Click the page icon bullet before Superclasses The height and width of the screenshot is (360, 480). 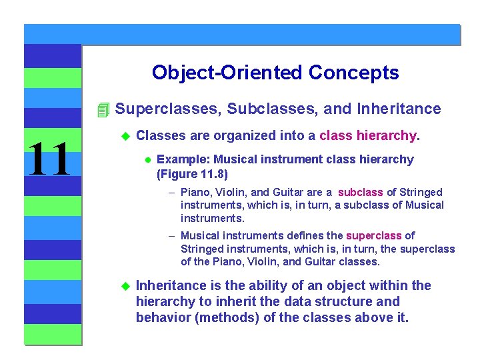tap(102, 109)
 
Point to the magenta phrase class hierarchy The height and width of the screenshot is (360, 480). tap(368, 136)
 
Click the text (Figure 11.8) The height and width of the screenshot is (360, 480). tap(192, 175)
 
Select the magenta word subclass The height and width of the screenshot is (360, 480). tap(360, 193)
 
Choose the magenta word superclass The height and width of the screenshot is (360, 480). tap(374, 235)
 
